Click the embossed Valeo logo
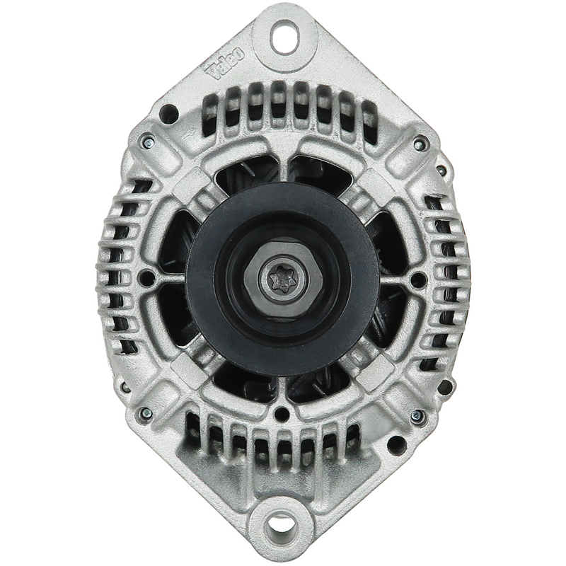click(226, 64)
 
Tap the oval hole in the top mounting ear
click(285, 37)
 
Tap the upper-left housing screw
click(148, 143)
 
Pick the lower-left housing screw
click(146, 413)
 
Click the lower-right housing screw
click(417, 416)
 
